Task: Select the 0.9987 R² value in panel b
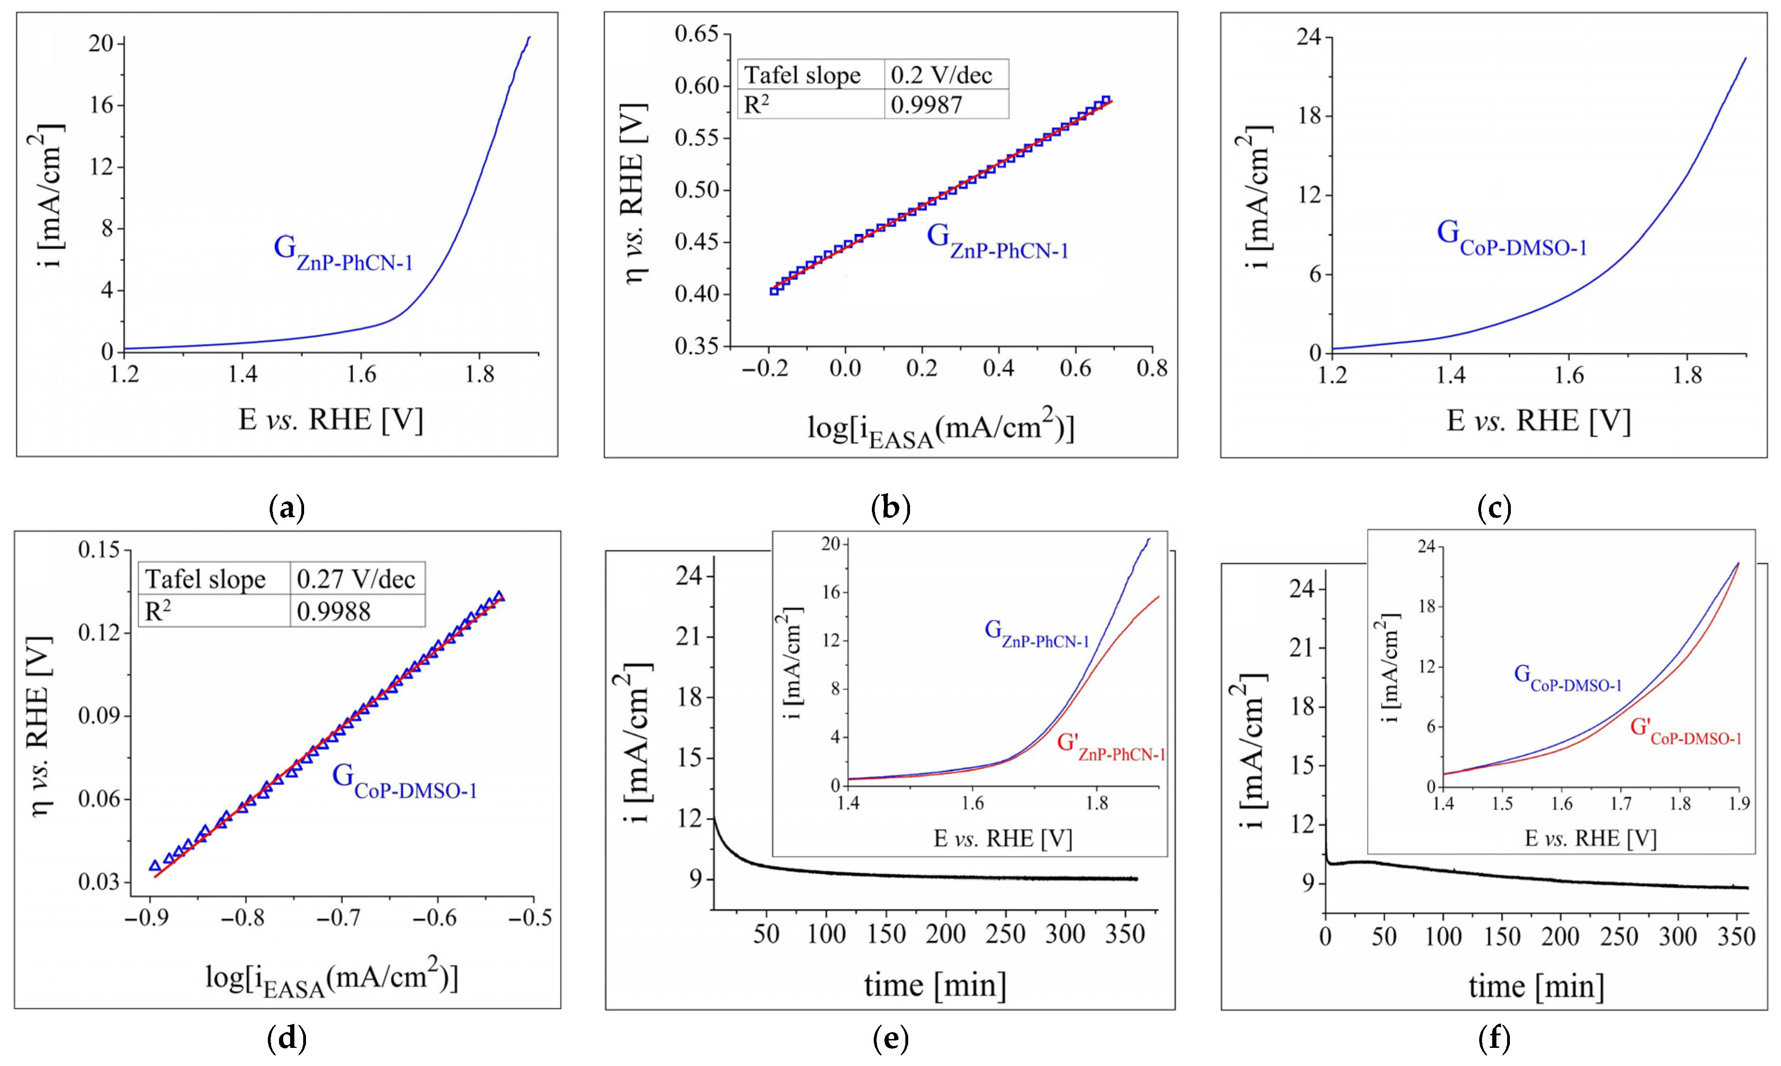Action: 926,105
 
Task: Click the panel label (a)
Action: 286,509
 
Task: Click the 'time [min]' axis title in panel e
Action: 934,985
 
